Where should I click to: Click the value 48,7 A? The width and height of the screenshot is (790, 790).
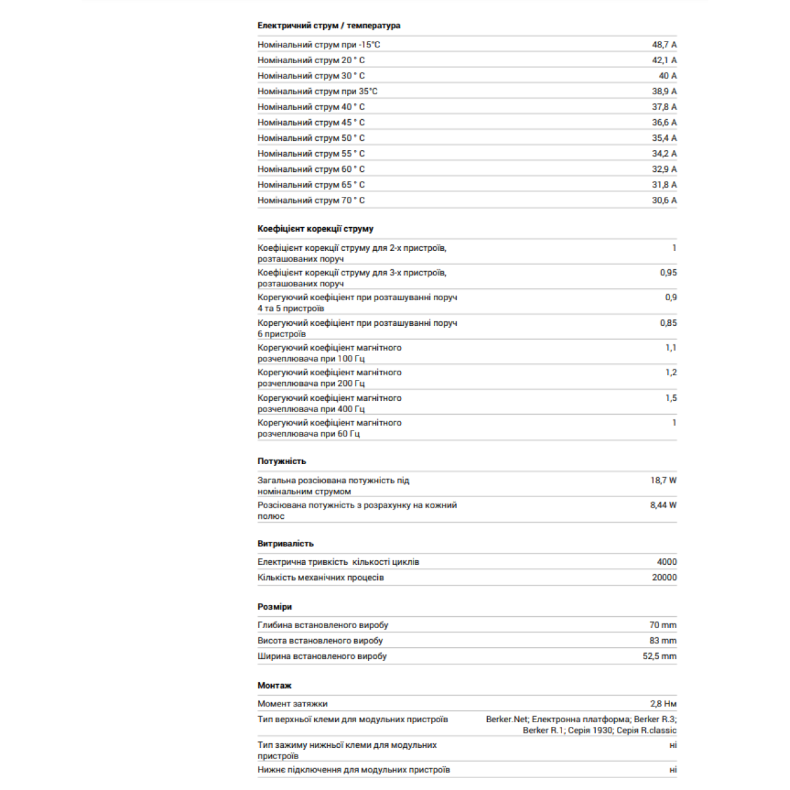click(x=664, y=45)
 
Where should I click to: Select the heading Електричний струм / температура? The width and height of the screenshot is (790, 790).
click(x=329, y=26)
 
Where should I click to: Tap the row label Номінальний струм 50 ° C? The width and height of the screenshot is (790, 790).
click(x=311, y=138)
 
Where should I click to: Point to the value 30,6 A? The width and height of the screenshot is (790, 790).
click(x=664, y=200)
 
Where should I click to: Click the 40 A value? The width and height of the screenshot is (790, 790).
click(x=667, y=76)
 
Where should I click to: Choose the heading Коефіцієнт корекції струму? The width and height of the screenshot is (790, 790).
click(x=315, y=229)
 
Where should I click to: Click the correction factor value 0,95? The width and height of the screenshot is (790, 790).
click(x=668, y=273)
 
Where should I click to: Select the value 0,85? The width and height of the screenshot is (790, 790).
click(x=668, y=323)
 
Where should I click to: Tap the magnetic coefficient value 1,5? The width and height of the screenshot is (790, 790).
click(x=670, y=398)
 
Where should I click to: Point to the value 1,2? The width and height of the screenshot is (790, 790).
click(x=670, y=373)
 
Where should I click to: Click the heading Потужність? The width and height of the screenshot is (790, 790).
click(x=282, y=461)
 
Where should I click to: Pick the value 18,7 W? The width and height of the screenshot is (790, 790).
click(x=663, y=481)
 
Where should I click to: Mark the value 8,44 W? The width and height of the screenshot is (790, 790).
click(x=663, y=506)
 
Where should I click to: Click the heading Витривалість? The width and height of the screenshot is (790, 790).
click(x=286, y=544)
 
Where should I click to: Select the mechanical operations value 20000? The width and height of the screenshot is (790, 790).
click(x=664, y=577)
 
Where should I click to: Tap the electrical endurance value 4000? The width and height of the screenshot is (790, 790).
click(x=666, y=562)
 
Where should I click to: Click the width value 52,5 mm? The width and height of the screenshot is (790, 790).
click(x=659, y=656)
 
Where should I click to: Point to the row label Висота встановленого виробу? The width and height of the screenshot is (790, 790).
click(x=320, y=641)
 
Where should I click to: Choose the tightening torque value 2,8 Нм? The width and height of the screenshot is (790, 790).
click(x=663, y=704)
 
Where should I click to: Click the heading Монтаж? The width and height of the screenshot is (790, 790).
click(x=275, y=686)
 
